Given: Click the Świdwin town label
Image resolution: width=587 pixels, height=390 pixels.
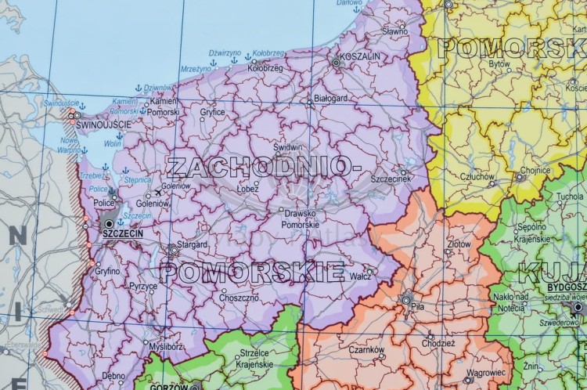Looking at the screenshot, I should (289, 147).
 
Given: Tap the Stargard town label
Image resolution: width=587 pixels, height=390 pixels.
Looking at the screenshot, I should (193, 244).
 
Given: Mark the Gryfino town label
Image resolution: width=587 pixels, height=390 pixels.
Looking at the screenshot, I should (108, 270).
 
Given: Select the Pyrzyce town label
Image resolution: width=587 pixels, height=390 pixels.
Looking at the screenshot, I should (142, 286).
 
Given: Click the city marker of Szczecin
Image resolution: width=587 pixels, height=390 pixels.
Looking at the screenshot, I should (108, 222).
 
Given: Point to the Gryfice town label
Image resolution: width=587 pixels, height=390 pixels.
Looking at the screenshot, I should (212, 111).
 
